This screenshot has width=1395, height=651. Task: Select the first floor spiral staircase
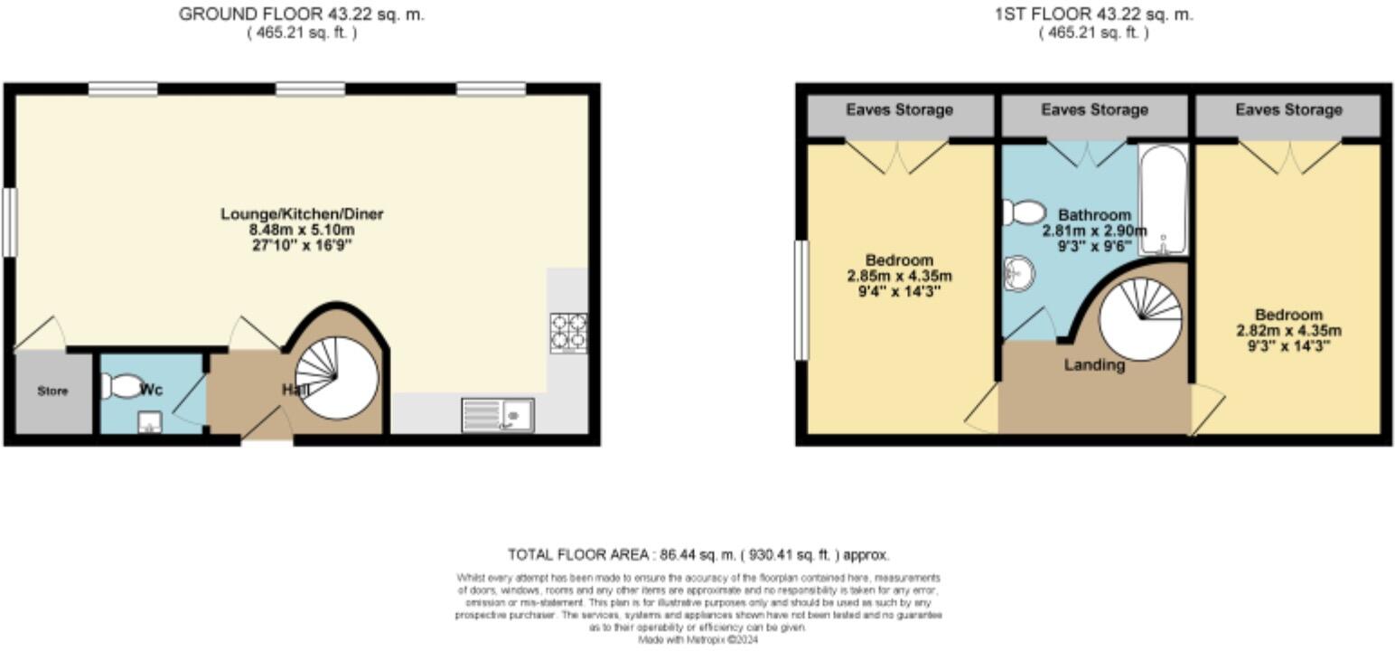[x=1140, y=319]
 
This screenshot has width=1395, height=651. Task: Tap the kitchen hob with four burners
[x=568, y=332]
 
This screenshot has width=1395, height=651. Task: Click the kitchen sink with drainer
[x=498, y=415]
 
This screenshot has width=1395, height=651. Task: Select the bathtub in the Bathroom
[x=1162, y=199]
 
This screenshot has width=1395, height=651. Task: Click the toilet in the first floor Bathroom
[x=1023, y=212]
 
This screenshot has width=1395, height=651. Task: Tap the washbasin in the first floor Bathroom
[x=1019, y=271]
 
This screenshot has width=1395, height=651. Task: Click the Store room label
[x=52, y=392]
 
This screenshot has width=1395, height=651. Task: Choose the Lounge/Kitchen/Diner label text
[x=302, y=214]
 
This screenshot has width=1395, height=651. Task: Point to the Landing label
[x=1094, y=365]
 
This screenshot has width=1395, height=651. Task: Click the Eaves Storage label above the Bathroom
[x=1094, y=110]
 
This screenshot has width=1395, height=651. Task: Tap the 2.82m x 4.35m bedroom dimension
[x=1288, y=330]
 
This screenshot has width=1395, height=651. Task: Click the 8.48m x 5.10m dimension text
[x=302, y=230]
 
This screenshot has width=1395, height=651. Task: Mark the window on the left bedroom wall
[x=801, y=299]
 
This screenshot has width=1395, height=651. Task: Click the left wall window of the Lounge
[x=10, y=222]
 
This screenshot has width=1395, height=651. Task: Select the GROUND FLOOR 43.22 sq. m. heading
[x=301, y=14]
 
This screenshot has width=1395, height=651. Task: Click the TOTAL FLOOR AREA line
[x=697, y=554]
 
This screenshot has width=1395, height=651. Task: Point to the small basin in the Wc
[x=149, y=422]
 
